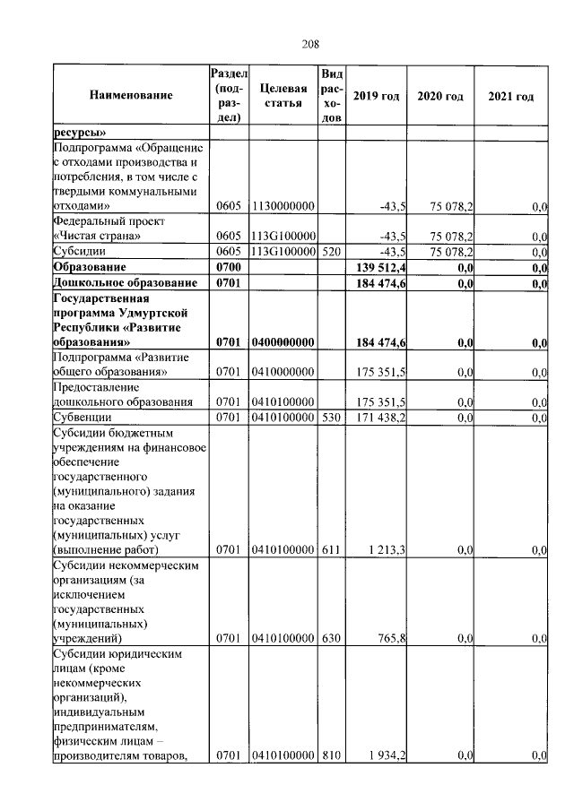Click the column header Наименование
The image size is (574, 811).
[130, 95]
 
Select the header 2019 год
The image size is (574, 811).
[376, 96]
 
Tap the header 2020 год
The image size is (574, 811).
[440, 96]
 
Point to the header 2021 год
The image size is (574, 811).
[511, 96]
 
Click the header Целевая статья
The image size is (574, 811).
[283, 96]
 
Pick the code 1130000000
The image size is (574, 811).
[283, 207]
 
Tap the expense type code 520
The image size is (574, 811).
[331, 252]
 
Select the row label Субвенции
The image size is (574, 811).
[83, 417]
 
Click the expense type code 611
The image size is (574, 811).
[331, 549]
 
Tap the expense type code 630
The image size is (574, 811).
[331, 639]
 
